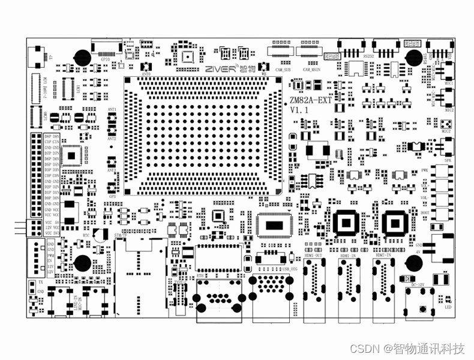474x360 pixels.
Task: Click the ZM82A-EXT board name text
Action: pos(310,100)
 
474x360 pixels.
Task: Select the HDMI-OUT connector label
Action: pos(313,256)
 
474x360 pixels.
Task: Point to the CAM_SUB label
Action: pos(283,70)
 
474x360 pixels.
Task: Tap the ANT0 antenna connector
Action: pos(146,65)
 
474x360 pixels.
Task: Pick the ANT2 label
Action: pos(112,139)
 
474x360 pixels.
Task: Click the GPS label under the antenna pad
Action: pos(112,196)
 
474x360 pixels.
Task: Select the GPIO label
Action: pos(104,59)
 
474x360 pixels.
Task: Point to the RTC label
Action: pos(86,236)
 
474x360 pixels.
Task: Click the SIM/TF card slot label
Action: pos(120,236)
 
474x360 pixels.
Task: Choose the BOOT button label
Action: pos(425,212)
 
